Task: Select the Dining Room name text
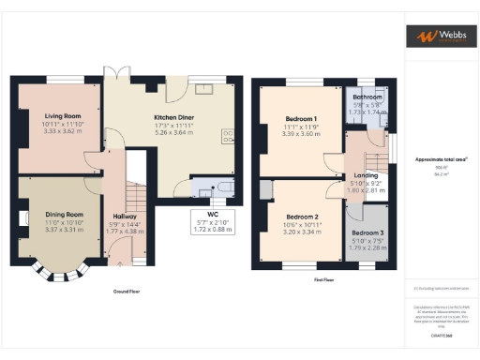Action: (x=63, y=215)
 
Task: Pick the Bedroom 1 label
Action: (x=301, y=119)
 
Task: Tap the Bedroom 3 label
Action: (x=367, y=232)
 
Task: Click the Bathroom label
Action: (x=367, y=97)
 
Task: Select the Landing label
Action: (x=365, y=174)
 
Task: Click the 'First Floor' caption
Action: (x=326, y=279)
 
